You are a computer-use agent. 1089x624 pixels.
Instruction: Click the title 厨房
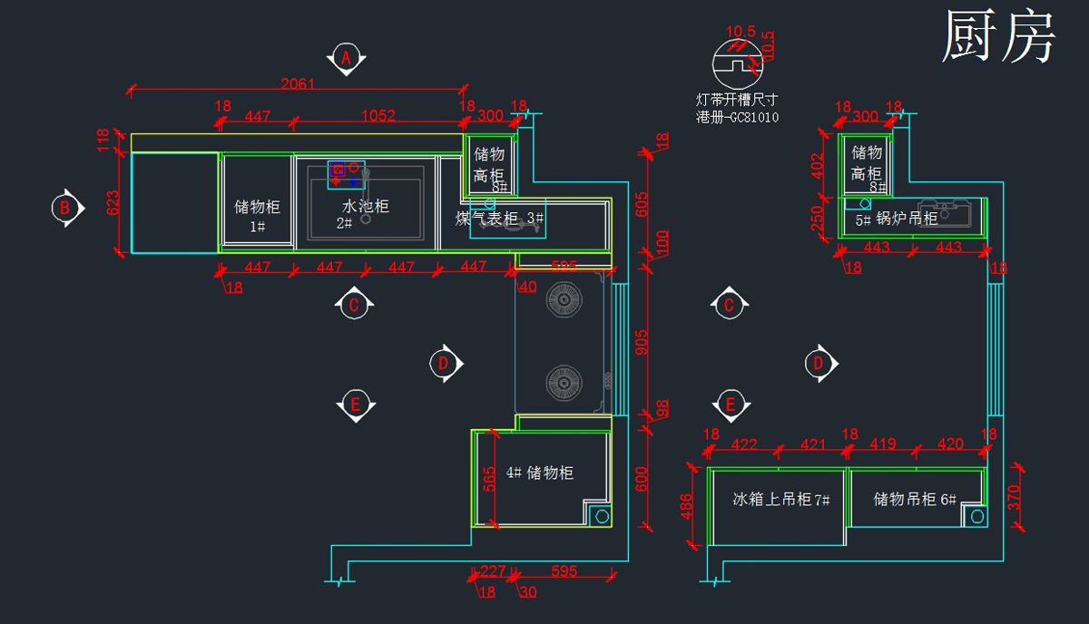pyautogui.click(x=998, y=38)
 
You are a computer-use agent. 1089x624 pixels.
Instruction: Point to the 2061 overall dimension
pyautogui.click(x=298, y=84)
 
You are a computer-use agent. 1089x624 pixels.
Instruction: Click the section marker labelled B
pyautogui.click(x=64, y=208)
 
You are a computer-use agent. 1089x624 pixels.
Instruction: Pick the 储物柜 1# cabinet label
pyautogui.click(x=258, y=215)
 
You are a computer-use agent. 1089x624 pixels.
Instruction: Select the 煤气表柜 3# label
pyautogui.click(x=499, y=219)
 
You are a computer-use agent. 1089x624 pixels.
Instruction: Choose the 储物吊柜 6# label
pyautogui.click(x=916, y=499)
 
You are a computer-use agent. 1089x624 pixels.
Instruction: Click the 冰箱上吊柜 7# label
pyautogui.click(x=781, y=499)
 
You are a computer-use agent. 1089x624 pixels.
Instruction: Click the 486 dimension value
pyautogui.click(x=688, y=506)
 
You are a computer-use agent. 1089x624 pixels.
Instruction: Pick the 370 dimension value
pyautogui.click(x=1015, y=495)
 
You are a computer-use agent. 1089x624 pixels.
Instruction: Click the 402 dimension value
pyautogui.click(x=818, y=166)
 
